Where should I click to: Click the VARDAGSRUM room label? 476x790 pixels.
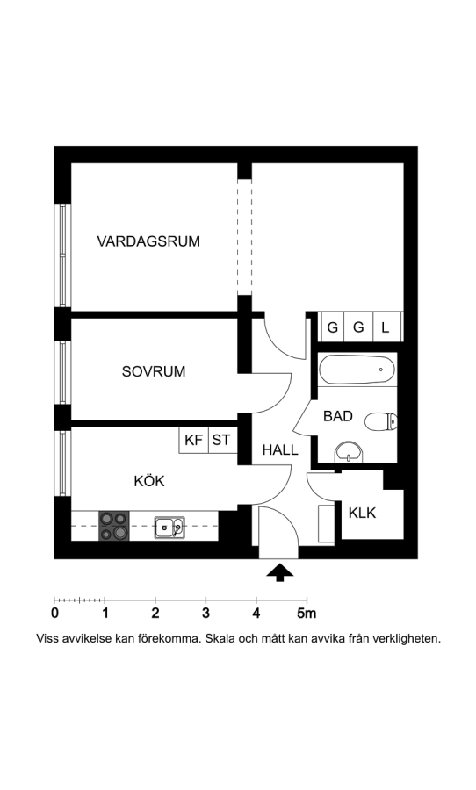(148, 241)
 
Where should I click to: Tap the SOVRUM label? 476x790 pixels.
(154, 372)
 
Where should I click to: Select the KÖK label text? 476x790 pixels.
(149, 481)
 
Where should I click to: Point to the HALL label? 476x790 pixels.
(280, 450)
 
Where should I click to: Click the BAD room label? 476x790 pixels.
(338, 416)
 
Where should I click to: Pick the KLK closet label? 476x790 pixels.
(362, 513)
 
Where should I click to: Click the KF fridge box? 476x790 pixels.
(193, 440)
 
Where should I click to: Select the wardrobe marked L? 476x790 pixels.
(386, 327)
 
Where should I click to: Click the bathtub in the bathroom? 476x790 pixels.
(357, 370)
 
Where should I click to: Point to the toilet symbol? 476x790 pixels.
(380, 421)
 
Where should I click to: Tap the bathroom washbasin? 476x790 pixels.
(349, 451)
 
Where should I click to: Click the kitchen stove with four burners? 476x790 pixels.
(114, 526)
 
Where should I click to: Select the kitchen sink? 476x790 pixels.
(169, 528)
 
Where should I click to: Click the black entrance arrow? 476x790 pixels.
(279, 572)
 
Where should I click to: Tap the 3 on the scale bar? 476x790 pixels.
(206, 614)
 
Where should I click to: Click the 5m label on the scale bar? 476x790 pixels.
(307, 614)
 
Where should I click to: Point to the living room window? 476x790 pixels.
(62, 255)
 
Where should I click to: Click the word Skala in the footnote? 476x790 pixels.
(218, 638)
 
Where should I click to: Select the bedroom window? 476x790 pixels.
(62, 373)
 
